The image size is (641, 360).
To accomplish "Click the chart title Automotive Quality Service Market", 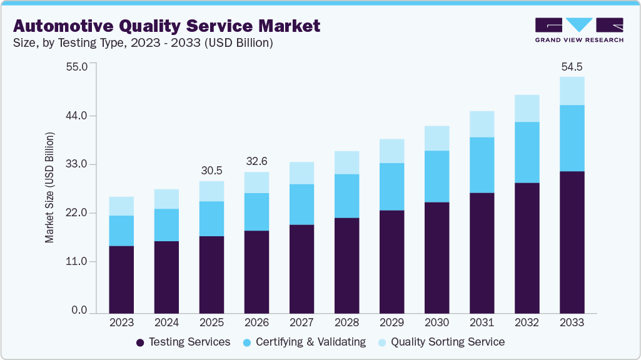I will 166,26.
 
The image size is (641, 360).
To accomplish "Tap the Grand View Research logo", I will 579,29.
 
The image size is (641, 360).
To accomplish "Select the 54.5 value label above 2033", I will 572,66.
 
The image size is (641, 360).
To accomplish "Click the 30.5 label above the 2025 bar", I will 211,171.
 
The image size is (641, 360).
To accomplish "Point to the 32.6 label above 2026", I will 256,161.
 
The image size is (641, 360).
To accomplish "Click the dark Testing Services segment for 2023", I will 121,279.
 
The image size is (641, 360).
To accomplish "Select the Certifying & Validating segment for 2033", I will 572,138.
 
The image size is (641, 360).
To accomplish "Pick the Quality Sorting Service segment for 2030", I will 437,138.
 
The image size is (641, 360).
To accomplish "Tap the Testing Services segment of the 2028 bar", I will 346,265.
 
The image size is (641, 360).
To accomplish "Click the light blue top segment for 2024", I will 166,199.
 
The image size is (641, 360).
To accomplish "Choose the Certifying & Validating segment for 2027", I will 301,204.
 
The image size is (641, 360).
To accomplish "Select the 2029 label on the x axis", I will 391,322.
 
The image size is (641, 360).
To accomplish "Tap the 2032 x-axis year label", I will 527,322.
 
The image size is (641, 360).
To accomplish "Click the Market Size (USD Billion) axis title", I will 49,187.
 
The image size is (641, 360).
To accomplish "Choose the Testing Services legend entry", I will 183,342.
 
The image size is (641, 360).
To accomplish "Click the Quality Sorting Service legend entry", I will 442,342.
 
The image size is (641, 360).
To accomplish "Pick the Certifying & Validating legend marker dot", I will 247,342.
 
